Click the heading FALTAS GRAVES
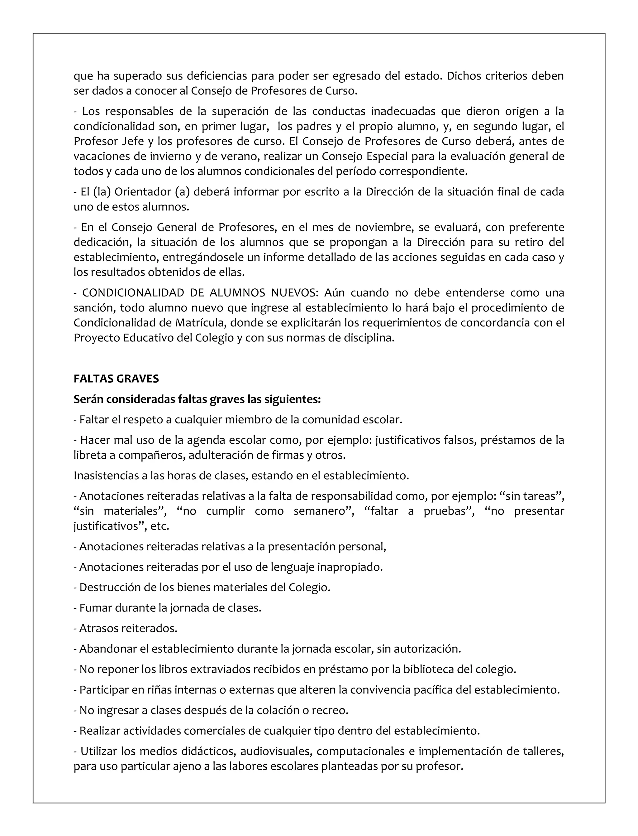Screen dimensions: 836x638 116,379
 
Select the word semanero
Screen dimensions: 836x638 321,511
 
